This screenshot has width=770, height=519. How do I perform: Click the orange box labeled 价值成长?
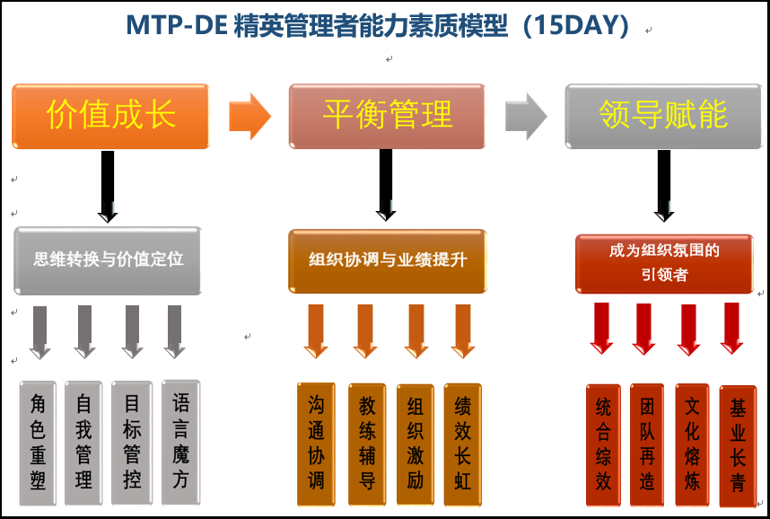[x=110, y=116]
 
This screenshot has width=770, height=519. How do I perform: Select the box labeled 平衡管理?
[x=387, y=116]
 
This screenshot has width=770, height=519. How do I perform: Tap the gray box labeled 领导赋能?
[x=663, y=116]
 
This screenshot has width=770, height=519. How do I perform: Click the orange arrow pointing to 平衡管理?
[x=250, y=117]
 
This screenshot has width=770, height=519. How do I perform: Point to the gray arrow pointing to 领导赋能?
[x=526, y=117]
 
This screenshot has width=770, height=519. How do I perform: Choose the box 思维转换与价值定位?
[x=108, y=260]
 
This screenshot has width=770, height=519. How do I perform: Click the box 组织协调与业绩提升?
[x=388, y=261]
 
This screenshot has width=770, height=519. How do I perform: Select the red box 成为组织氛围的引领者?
[x=664, y=264]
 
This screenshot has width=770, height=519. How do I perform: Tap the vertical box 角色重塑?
[x=38, y=444]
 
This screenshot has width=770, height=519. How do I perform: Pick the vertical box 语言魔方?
[x=180, y=443]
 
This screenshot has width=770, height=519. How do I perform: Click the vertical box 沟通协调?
[x=316, y=444]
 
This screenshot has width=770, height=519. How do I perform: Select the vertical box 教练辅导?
[x=367, y=444]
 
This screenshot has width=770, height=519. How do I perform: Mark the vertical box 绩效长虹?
[x=462, y=444]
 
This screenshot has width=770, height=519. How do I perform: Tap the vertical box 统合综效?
[x=603, y=445]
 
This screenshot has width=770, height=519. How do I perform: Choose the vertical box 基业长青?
[x=738, y=446]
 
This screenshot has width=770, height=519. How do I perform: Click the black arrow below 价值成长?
[x=108, y=187]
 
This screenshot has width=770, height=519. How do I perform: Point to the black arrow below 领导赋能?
[x=664, y=186]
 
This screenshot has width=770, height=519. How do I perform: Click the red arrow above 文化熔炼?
[x=688, y=330]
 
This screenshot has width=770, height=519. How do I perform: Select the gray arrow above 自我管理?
[x=84, y=331]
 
